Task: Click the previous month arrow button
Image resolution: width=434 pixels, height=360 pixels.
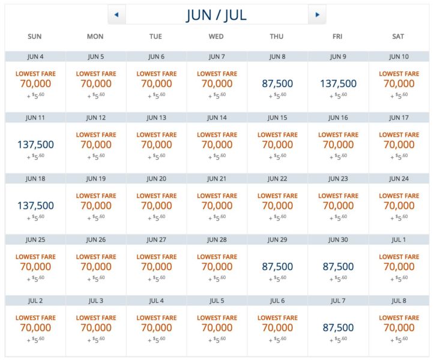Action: pos(116,14)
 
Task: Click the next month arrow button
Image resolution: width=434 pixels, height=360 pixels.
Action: pos(317,14)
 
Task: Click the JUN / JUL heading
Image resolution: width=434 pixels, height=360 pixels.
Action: pos(216,14)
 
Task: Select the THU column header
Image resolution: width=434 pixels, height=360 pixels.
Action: pos(277,37)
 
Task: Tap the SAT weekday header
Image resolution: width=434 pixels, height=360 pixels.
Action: pos(398,37)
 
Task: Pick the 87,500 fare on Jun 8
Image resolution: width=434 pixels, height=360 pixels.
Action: pos(277,84)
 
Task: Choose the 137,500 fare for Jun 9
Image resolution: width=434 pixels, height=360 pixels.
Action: pos(337,84)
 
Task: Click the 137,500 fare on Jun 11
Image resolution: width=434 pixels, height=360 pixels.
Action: pos(35,145)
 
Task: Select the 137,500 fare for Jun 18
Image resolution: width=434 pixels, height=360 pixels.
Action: pos(35,206)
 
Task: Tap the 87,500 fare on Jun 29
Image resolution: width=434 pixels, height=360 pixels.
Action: pos(277,266)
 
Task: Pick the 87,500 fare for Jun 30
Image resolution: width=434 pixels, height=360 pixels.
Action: pos(337,266)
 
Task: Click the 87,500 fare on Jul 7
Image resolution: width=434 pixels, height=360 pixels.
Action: pos(337,328)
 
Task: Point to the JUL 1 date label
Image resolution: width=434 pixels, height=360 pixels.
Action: pos(398,240)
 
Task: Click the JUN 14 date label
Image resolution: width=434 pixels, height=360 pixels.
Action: pos(217,118)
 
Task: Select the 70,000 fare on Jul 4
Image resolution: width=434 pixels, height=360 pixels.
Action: pos(156,328)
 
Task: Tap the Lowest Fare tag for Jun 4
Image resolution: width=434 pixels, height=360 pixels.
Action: pos(35,74)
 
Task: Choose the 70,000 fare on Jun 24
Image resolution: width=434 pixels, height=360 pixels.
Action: pos(398,206)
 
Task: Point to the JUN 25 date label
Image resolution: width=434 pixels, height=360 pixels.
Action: pos(35,240)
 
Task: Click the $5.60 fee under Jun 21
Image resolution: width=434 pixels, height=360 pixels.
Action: pos(217,218)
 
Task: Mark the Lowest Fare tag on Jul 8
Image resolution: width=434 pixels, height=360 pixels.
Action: pos(398,318)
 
